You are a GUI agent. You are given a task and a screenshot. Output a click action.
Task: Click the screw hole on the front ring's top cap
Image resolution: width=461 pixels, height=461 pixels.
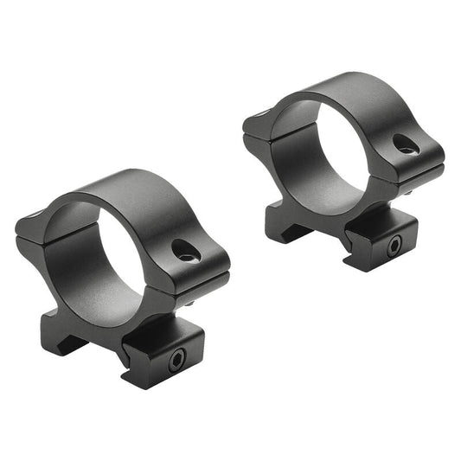click(x=184, y=251)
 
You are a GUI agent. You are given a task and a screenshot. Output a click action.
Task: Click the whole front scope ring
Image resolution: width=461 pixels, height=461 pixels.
click(x=121, y=277)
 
